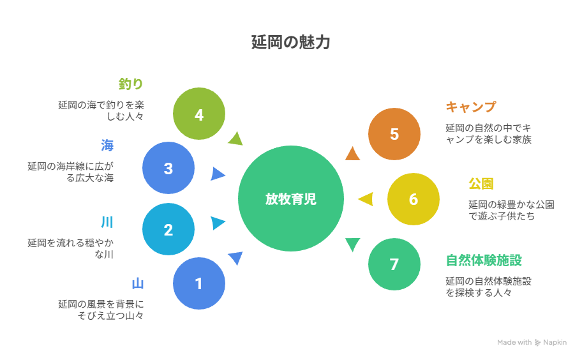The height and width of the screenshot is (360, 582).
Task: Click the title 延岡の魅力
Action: [x=290, y=43]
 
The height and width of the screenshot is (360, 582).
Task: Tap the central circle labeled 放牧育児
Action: [x=291, y=199]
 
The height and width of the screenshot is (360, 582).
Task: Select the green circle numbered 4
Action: [x=199, y=114]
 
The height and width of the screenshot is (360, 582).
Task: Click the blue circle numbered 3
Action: [x=168, y=169]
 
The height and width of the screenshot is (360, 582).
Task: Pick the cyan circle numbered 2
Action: [x=168, y=230]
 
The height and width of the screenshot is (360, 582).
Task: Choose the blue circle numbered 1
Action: [x=199, y=283]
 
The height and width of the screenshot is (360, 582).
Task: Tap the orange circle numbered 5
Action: [x=394, y=134]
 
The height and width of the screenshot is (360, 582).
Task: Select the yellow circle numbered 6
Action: [x=414, y=199]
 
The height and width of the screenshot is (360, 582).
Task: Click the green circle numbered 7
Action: [x=394, y=264]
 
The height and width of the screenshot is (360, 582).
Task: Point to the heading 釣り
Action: [x=131, y=84]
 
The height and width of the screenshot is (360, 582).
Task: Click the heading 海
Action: [x=107, y=145]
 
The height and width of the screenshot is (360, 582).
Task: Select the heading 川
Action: [x=107, y=223]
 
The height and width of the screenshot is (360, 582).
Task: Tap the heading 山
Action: [x=137, y=283]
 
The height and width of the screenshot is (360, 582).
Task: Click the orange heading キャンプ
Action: [x=470, y=107]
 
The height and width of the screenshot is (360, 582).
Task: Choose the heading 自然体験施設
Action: [x=484, y=260]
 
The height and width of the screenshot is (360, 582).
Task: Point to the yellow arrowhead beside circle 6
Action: [x=366, y=199]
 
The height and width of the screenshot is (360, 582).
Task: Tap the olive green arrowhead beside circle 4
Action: [x=236, y=139]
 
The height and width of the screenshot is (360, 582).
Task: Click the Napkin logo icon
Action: [x=538, y=343]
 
